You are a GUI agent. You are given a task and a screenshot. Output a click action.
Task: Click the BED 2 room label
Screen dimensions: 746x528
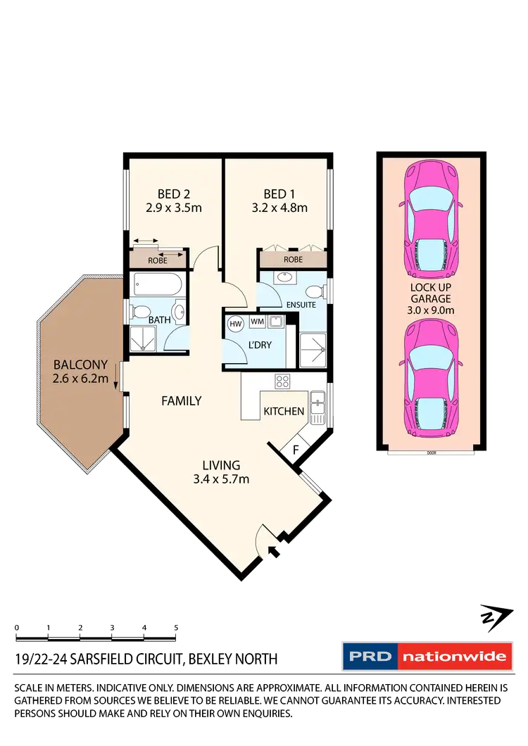click(172, 194)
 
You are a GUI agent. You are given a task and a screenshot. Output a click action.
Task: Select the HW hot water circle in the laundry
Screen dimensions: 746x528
click(235, 323)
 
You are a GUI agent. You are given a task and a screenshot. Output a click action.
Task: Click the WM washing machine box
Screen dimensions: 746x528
click(257, 322)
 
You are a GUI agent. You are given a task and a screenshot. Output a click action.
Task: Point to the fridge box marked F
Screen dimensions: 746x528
click(296, 448)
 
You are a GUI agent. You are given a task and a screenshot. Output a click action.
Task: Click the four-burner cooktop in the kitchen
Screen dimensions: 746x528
click(282, 382)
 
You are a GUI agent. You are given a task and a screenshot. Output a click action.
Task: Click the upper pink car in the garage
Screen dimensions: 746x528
click(430, 221)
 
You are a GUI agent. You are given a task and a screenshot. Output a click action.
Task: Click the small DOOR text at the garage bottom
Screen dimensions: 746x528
click(432, 453)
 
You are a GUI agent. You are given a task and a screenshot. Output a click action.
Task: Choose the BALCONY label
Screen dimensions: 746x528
click(80, 365)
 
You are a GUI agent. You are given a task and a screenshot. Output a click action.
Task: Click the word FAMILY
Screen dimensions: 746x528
click(182, 401)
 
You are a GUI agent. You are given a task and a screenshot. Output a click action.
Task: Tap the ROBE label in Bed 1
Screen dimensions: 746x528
click(293, 260)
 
